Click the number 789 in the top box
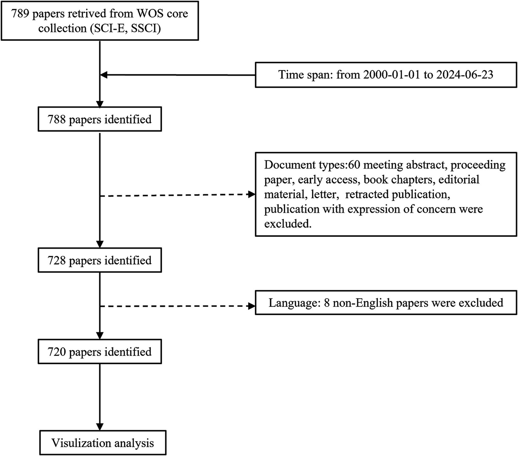click(20, 13)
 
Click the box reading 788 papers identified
click(100, 119)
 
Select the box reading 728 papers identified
click(100, 260)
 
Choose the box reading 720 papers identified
click(100, 352)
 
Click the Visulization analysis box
click(103, 443)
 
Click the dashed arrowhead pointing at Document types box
click(251, 195)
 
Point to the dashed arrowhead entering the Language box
click(251, 306)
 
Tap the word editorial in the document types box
click(459, 180)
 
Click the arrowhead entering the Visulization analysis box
click(100, 426)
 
